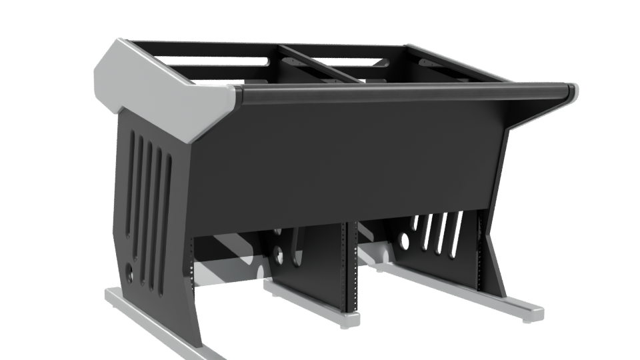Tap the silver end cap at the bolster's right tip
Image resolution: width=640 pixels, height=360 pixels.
(x=572, y=91)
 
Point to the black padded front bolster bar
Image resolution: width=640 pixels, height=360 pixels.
(x=400, y=93)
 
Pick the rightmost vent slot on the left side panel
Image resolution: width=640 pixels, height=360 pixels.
(x=167, y=220)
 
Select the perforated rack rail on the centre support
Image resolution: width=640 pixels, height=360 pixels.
(x=345, y=267)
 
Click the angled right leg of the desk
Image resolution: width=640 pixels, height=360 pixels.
(x=493, y=253)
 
